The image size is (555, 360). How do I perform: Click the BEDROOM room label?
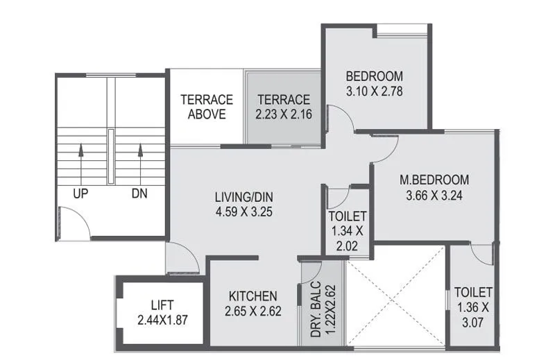pos(375,76)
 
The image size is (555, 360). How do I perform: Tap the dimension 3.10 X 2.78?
pos(375,91)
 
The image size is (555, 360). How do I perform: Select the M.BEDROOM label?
pos(434,180)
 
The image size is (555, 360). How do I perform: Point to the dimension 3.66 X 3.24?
pos(434,196)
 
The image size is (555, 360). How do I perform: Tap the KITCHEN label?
pos(253,296)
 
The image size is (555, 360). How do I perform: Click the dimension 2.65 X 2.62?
pos(253,311)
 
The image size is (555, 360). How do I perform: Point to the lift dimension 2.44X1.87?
pos(162,320)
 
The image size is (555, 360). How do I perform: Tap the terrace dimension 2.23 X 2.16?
pos(282,114)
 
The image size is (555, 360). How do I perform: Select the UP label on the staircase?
pos(80,194)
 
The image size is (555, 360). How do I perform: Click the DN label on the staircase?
pos(139,194)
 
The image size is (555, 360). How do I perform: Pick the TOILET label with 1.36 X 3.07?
pos(473,292)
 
